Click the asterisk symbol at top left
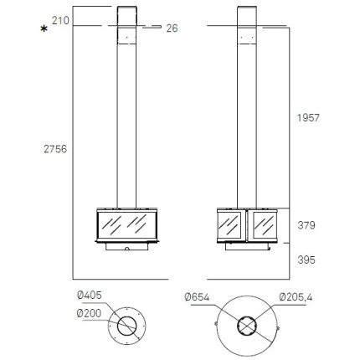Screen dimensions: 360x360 pyautogui.click(x=44, y=28)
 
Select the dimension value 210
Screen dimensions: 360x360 pyautogui.click(x=60, y=20)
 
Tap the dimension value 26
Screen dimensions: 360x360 pyautogui.click(x=172, y=28)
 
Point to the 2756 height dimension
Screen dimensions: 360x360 pyautogui.click(x=55, y=149)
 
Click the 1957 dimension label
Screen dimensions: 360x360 pyautogui.click(x=308, y=118)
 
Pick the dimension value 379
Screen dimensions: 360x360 pyautogui.click(x=306, y=225)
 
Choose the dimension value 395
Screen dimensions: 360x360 pyautogui.click(x=306, y=260)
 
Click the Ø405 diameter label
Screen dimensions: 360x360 pyautogui.click(x=90, y=295)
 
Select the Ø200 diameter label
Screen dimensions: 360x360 pyautogui.click(x=89, y=313)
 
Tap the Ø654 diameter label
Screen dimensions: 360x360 pyautogui.click(x=197, y=297)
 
